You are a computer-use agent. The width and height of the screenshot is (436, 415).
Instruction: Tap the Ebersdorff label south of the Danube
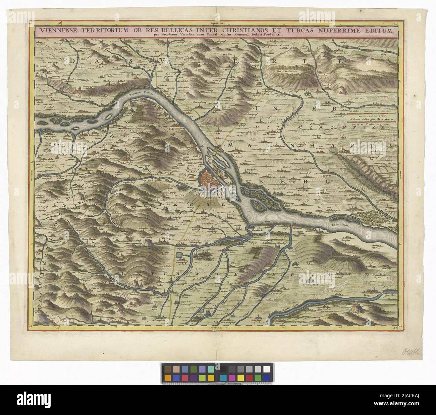254,230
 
